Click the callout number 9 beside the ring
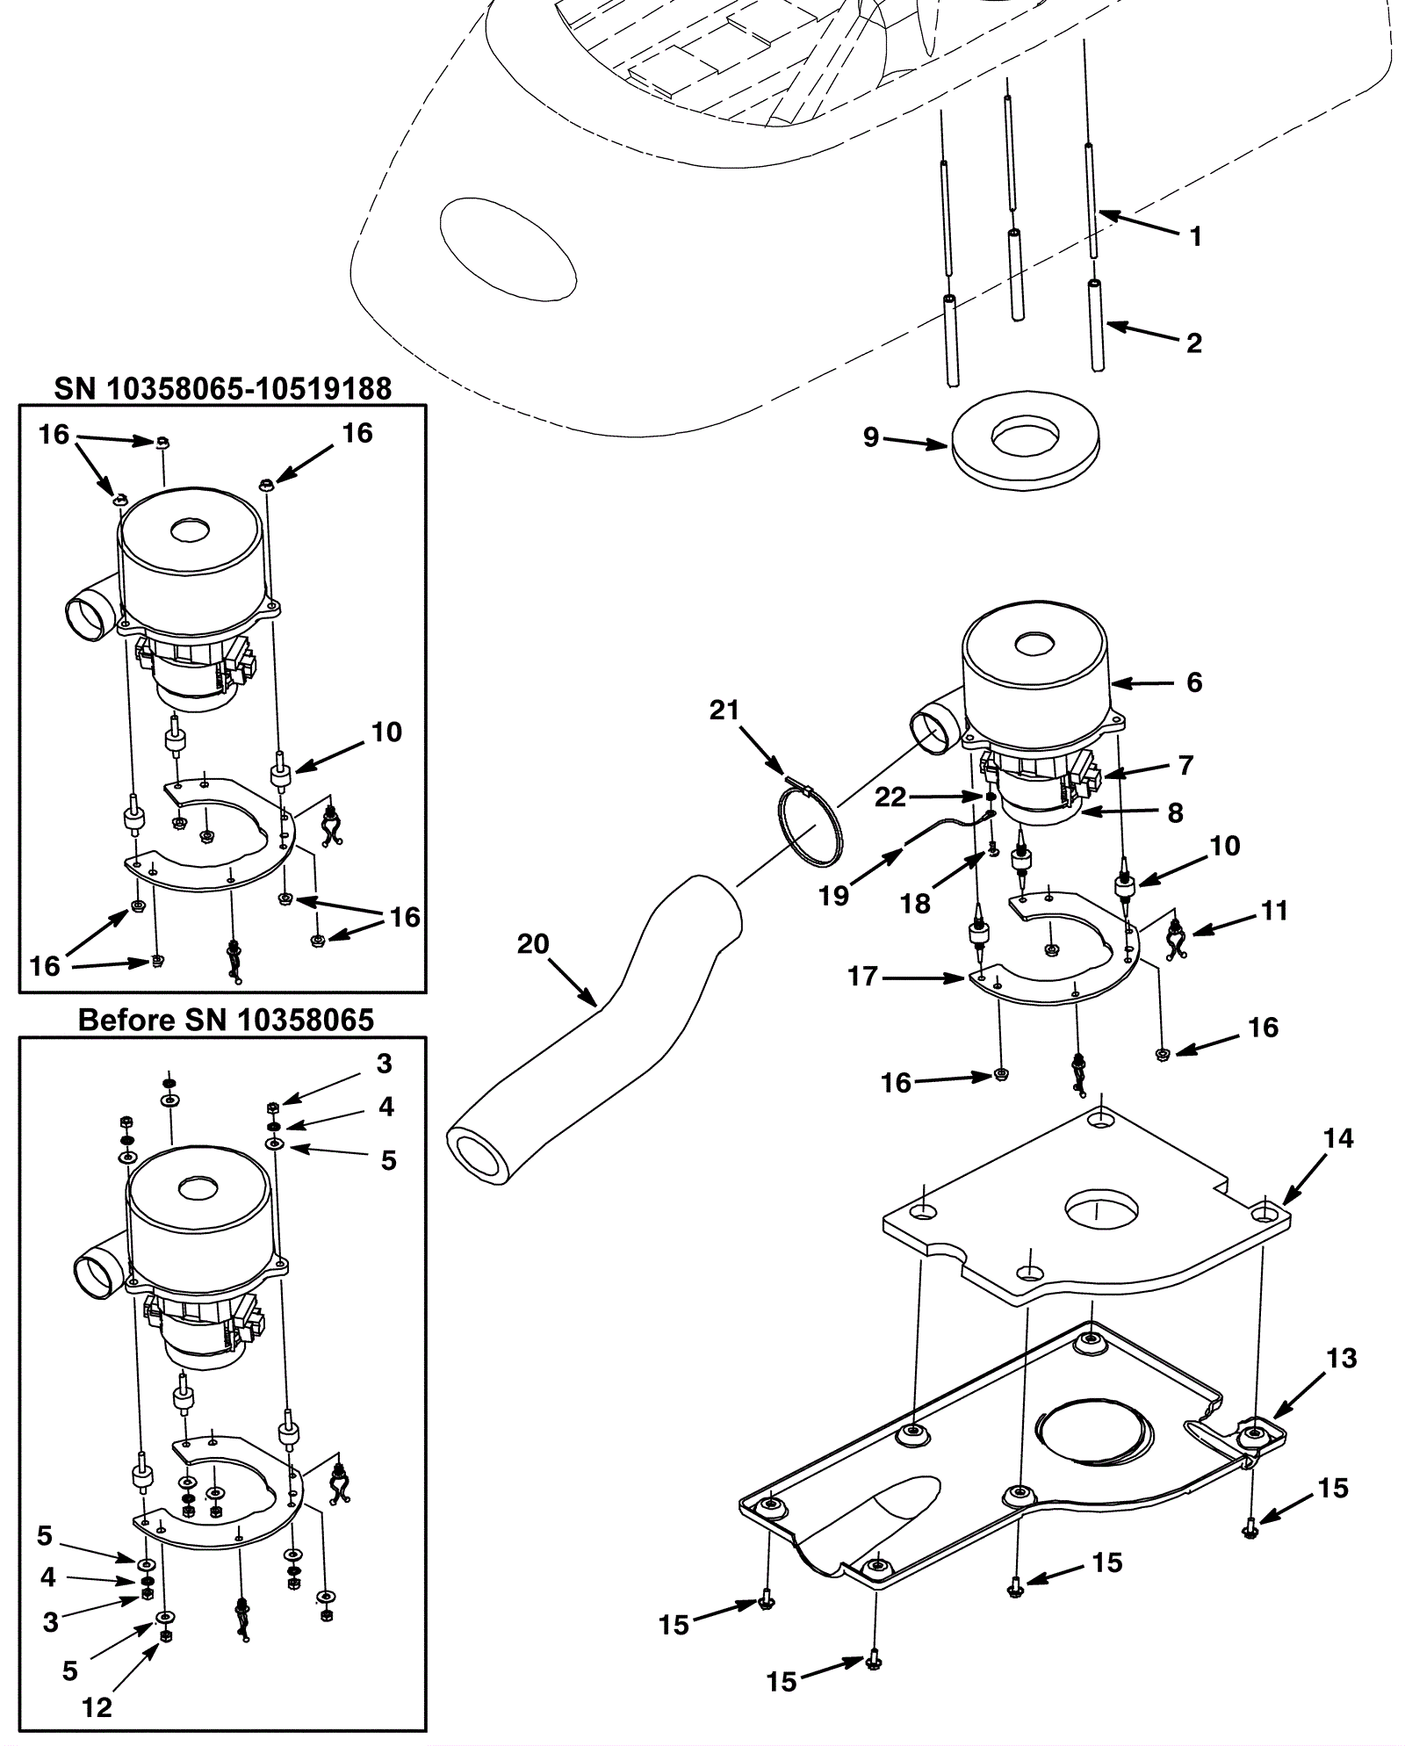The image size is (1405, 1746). pos(870,436)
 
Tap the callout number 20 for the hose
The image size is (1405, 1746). pos(533,944)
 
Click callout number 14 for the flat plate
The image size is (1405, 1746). pos(1338,1138)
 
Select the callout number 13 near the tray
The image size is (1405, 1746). pos(1341,1358)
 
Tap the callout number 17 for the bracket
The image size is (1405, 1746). pos(862,976)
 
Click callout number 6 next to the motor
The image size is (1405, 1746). pos(1194,682)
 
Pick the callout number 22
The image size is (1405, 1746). pos(890,797)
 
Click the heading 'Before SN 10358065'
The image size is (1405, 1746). pos(226,1020)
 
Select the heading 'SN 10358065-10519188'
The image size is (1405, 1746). pos(223,387)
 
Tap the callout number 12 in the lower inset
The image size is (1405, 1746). pos(97,1707)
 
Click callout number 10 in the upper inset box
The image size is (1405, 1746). pos(386,732)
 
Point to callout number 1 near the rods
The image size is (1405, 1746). pos(1195,235)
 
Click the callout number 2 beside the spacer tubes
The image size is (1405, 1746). pos(1194,343)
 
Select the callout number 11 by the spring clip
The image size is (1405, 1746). pos(1274,911)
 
